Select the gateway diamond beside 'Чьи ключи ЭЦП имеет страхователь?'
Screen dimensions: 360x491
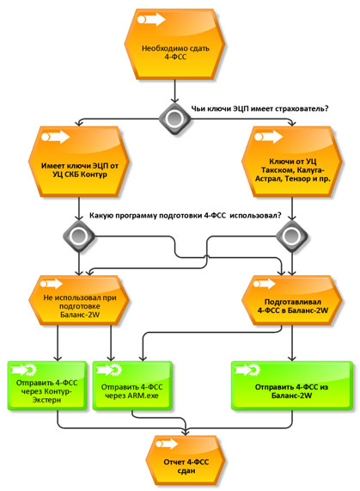(x=174, y=119)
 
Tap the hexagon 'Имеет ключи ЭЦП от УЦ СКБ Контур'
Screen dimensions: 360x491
(x=79, y=162)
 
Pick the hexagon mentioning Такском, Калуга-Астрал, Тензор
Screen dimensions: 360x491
(x=292, y=162)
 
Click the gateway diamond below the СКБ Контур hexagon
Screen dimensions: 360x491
(x=79, y=236)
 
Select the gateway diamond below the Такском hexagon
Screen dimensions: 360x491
(x=292, y=236)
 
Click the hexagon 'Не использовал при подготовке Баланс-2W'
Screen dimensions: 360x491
(x=79, y=300)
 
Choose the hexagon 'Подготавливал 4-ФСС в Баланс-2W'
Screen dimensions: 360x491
(x=292, y=300)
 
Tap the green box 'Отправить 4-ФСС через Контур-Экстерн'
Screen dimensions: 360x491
(x=47, y=386)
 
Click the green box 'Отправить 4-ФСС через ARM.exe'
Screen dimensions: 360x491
(x=132, y=386)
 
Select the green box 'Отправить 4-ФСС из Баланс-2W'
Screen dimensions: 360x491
(x=292, y=386)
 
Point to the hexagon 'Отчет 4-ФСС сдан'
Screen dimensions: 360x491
(x=186, y=461)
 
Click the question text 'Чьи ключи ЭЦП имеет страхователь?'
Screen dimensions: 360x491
(x=260, y=109)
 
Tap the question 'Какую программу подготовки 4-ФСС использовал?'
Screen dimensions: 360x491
(x=186, y=216)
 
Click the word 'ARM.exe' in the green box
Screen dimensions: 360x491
(x=143, y=396)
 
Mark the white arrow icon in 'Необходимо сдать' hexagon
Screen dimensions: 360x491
(x=151, y=20)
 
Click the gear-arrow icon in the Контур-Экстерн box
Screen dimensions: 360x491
(x=24, y=370)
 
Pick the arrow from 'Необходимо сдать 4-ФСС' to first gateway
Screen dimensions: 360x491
(x=174, y=91)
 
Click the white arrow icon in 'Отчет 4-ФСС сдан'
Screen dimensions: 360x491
(x=167, y=444)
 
